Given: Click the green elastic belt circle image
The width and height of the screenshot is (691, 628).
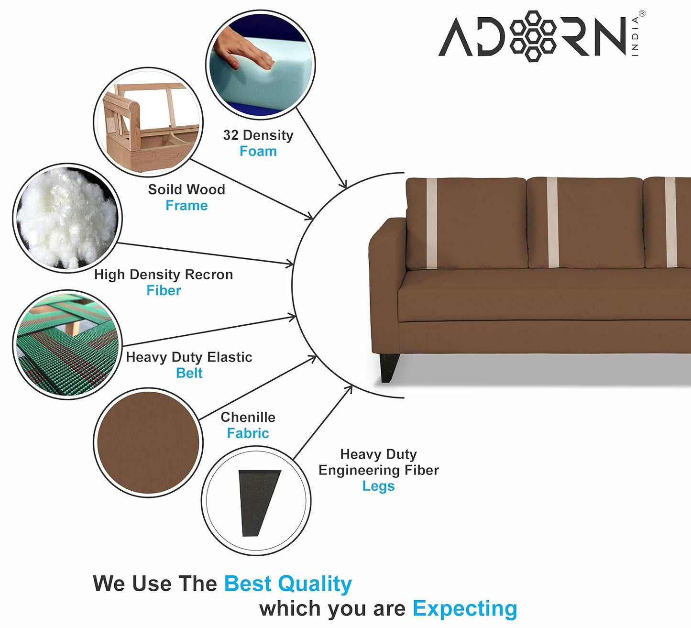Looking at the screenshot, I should coord(67,344).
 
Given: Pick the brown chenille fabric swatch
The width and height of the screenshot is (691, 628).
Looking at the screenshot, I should coord(148,442).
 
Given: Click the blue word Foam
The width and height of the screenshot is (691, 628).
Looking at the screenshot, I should coord(258,151).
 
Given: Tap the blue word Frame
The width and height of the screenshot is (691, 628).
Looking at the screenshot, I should coord(186,206).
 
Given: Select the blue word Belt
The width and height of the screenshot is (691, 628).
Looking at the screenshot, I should coord(189,373).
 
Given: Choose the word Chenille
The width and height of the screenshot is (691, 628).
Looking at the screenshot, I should coord(248,417).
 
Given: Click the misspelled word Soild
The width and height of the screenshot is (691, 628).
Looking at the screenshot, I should coord(162,189).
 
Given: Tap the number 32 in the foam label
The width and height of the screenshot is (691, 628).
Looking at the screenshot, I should coord(230,135).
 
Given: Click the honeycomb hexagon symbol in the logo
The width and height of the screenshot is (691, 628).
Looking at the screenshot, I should coord(532,36).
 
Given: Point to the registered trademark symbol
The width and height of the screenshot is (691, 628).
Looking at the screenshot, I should coord(642,14).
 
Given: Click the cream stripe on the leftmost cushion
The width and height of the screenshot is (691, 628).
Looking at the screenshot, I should coord(432,222).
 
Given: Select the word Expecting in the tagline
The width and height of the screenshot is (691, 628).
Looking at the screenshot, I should coord(465,608).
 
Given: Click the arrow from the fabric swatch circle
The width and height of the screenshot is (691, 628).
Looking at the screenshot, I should coord(258,388).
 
